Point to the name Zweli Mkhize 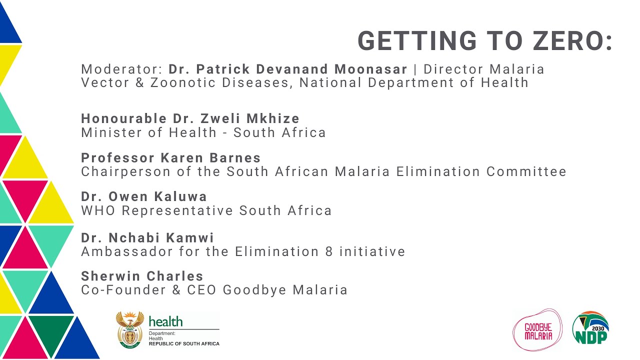point(250,118)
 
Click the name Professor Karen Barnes point(171,158)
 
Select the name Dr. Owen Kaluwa point(144,196)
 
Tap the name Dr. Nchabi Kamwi point(147,237)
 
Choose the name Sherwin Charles point(142,276)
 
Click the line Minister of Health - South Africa point(203,132)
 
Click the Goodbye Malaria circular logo point(537,330)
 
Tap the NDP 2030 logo point(590,328)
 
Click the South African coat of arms point(130,329)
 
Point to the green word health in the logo point(165,321)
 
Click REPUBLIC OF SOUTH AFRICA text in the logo point(184,343)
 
